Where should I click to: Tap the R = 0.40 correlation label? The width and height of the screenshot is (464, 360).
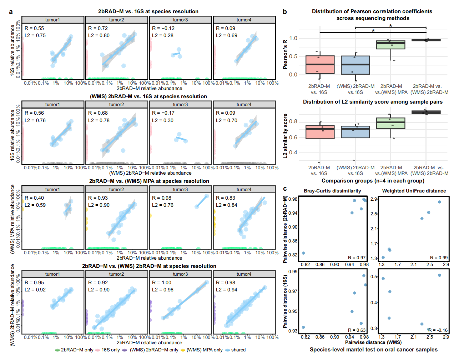[34, 198]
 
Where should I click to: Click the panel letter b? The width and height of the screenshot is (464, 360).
[285, 12]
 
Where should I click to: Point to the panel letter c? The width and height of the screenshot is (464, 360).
[285, 189]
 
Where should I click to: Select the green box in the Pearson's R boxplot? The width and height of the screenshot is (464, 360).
[391, 45]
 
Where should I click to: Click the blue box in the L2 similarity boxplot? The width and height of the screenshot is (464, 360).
[355, 132]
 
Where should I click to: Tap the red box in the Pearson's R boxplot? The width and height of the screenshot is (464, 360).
[320, 65]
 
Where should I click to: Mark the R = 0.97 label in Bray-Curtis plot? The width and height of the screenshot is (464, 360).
[357, 257]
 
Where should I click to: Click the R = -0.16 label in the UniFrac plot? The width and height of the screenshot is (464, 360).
[438, 330]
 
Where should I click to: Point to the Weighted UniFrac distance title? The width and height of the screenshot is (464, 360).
[414, 191]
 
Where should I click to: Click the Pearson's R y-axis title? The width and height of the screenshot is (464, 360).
[285, 54]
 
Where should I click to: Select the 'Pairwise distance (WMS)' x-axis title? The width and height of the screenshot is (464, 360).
[373, 342]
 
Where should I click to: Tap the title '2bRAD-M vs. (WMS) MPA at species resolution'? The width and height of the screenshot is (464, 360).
[149, 181]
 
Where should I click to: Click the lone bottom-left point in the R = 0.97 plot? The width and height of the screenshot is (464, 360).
[303, 253]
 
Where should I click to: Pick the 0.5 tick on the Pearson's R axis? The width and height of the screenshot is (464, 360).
[293, 56]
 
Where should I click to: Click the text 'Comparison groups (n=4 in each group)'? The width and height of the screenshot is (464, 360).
[373, 181]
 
